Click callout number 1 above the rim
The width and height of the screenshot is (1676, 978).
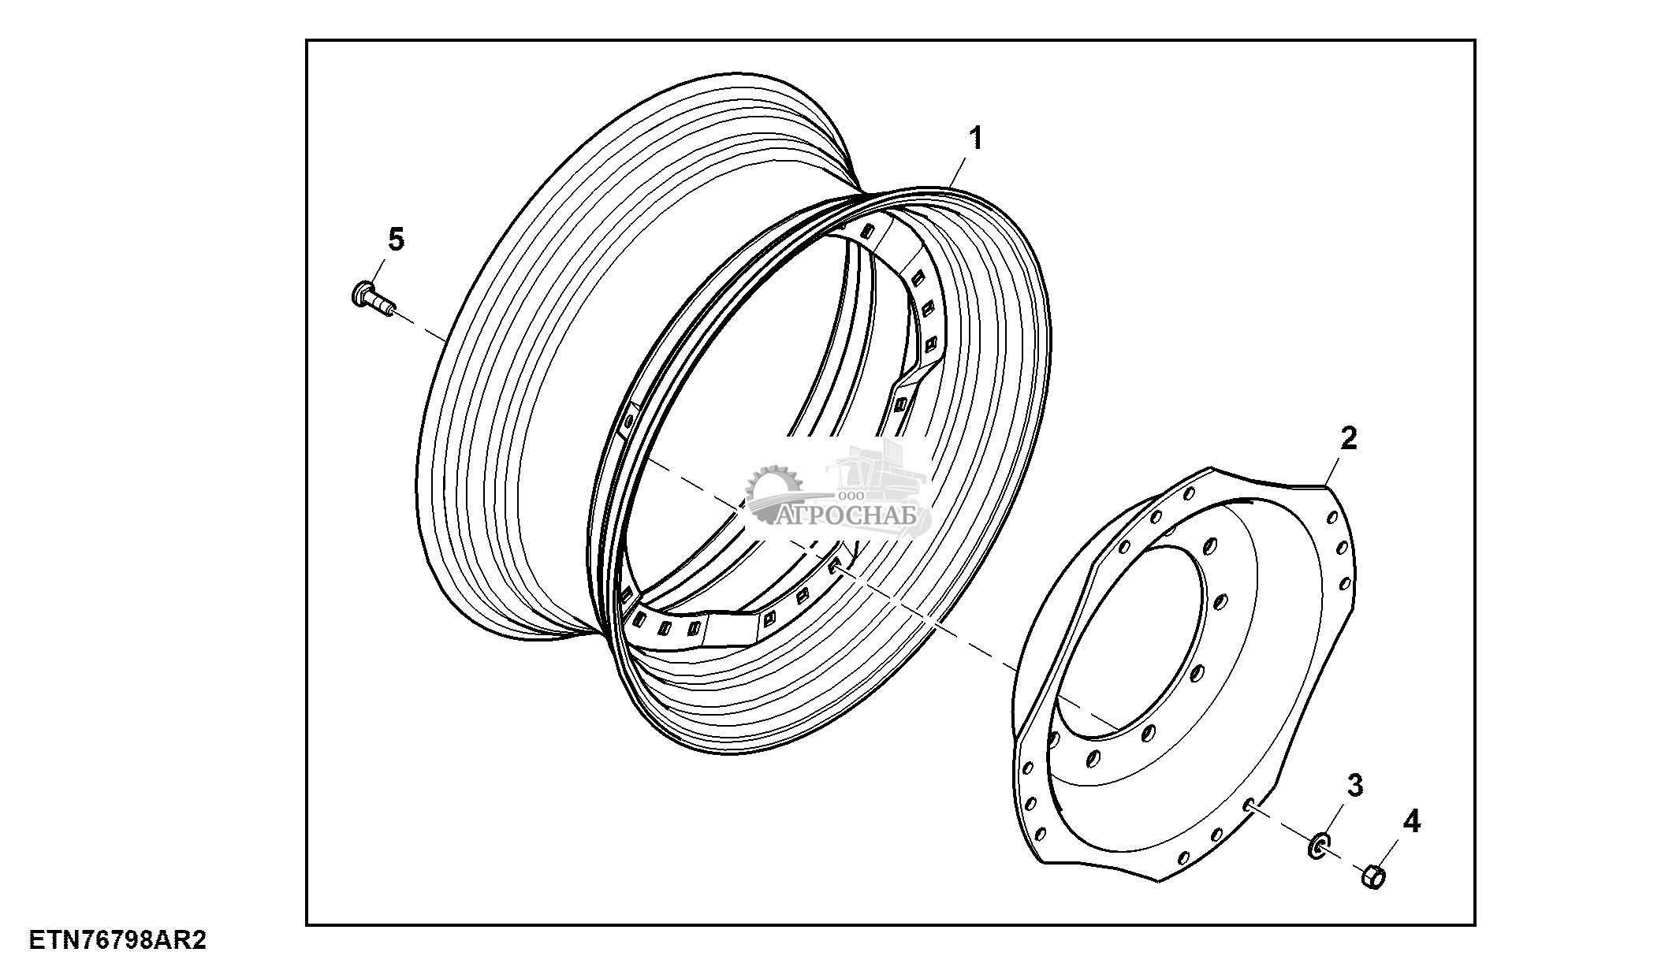tap(976, 139)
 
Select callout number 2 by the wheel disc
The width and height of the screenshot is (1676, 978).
tap(1349, 438)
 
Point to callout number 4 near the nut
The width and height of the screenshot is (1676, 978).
tap(1411, 822)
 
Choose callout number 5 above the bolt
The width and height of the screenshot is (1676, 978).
tap(396, 239)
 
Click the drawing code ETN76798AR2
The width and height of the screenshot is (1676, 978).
tap(118, 941)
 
